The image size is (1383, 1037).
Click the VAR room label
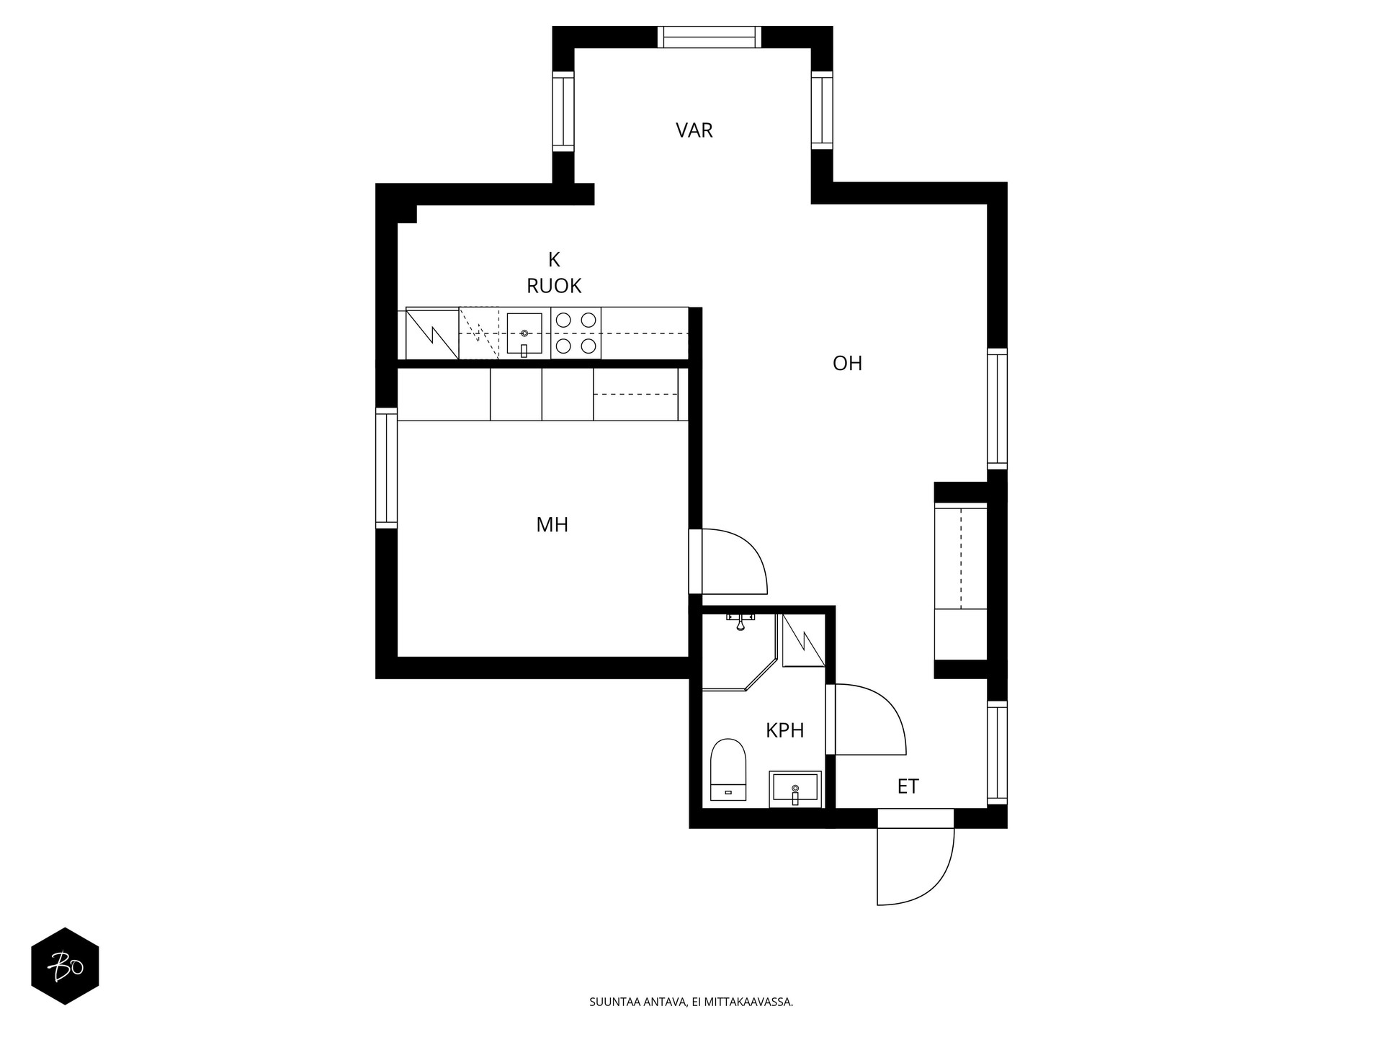tap(694, 130)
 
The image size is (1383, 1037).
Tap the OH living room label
tap(847, 363)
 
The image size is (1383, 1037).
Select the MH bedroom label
tap(552, 525)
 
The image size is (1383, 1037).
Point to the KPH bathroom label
tap(784, 730)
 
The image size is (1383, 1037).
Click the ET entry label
tap(908, 786)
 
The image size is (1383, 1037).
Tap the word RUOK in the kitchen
tap(554, 286)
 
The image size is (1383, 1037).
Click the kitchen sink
tap(524, 334)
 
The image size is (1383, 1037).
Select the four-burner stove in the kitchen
tap(576, 333)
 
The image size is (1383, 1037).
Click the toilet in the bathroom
tap(728, 769)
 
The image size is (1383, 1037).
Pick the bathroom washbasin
tap(795, 789)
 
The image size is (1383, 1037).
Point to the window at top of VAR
tap(710, 37)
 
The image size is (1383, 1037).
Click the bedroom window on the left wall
tap(387, 468)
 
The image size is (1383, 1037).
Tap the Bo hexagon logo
tap(65, 966)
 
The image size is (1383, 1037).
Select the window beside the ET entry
tap(997, 753)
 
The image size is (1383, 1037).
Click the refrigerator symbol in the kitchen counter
tap(432, 333)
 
